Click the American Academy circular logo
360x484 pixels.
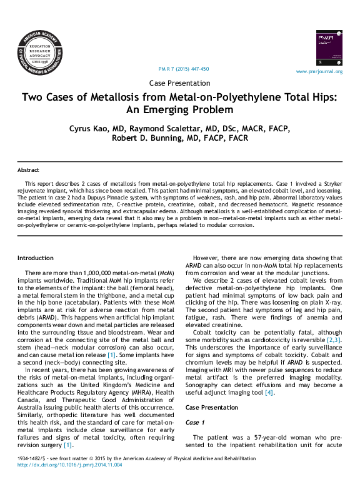click(x=40, y=53)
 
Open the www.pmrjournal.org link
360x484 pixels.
click(x=319, y=71)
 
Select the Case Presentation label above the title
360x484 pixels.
click(x=180, y=83)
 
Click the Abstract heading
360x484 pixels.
click(x=28, y=170)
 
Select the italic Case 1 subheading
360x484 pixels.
click(x=195, y=423)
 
